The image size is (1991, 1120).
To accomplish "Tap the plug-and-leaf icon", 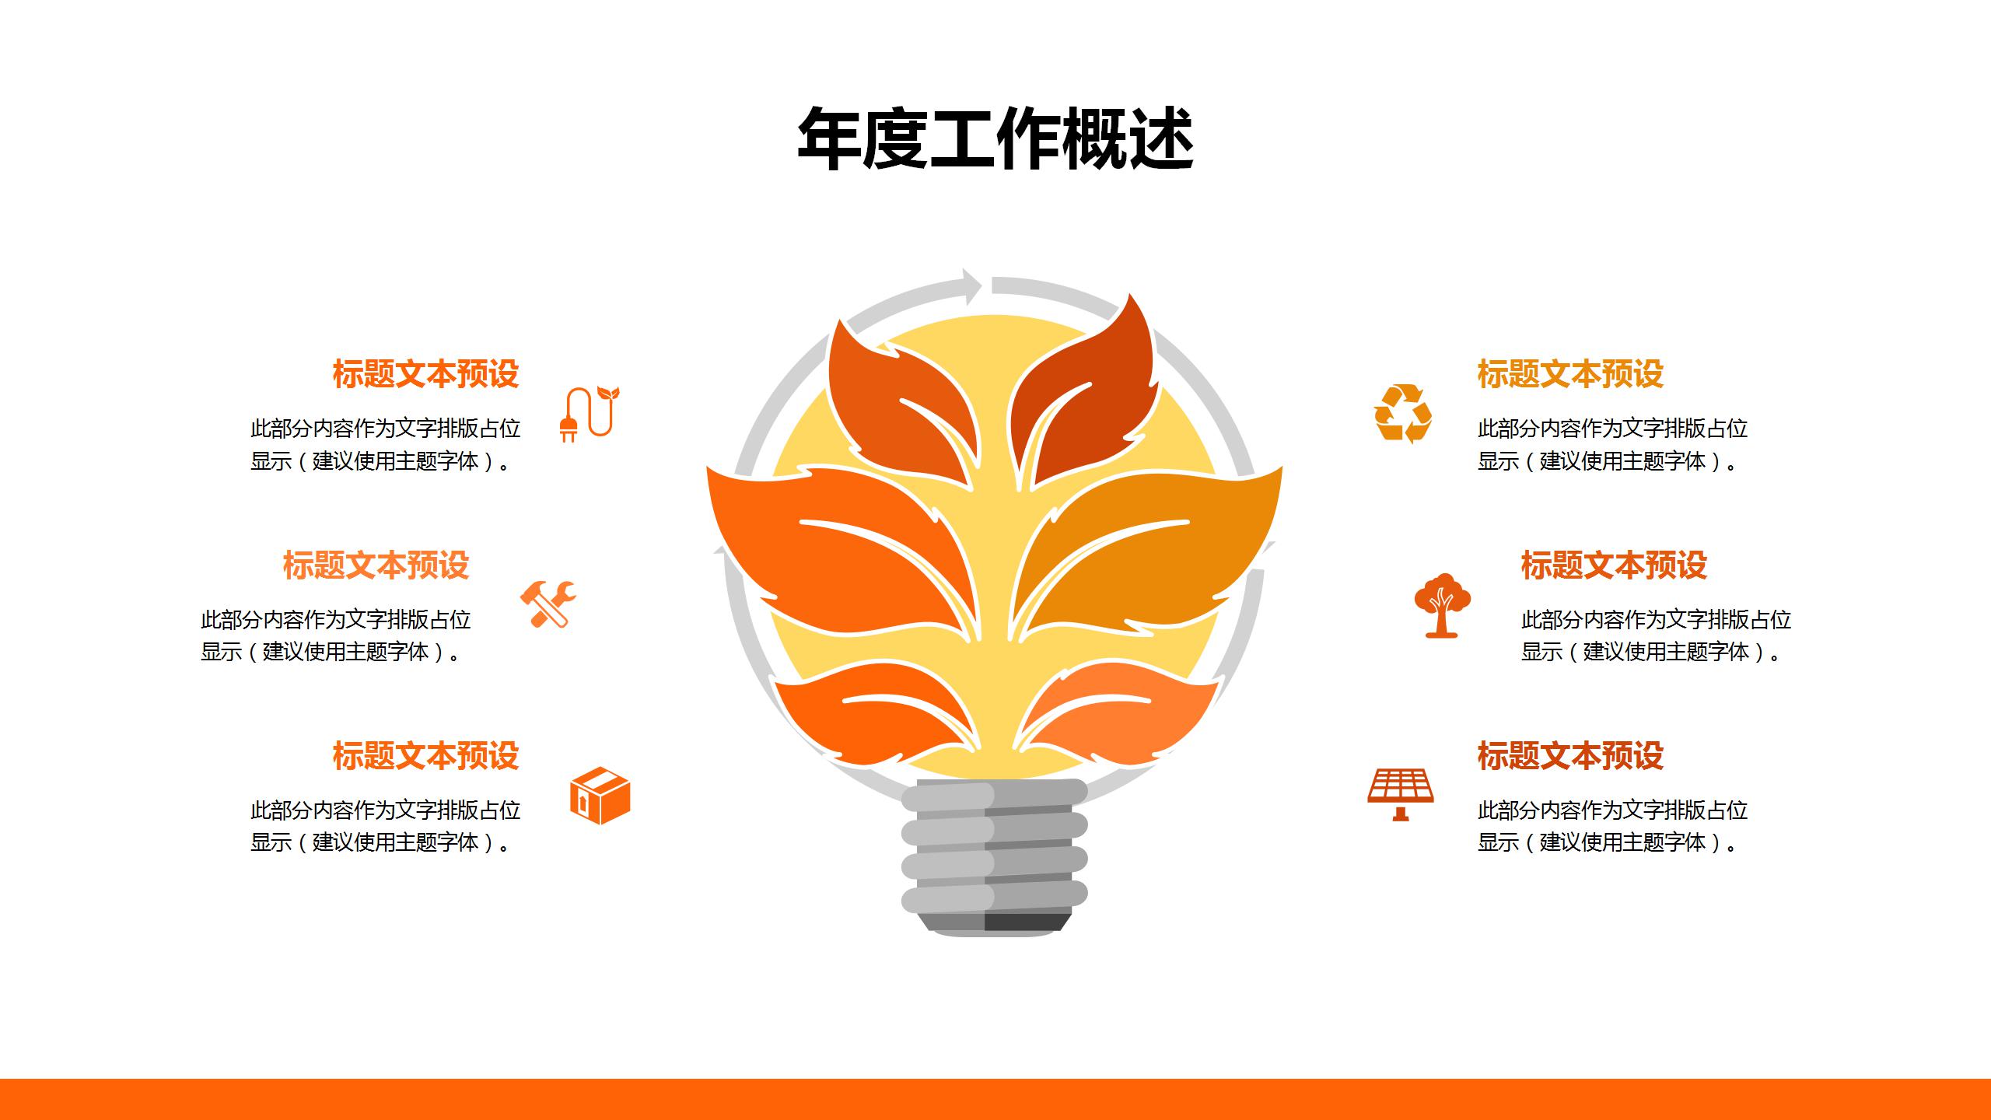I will pos(590,414).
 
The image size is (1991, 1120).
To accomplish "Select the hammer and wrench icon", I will pos(548,604).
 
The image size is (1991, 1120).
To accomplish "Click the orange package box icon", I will pos(600,796).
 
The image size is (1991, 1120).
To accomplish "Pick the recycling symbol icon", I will pos(1403,413).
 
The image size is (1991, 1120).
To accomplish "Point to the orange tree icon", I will pos(1442,605).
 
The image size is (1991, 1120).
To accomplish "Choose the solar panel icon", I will pos(1401,794).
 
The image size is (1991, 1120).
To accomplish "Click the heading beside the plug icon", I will pos(425,374).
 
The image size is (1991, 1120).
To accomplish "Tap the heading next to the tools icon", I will pos(376,565).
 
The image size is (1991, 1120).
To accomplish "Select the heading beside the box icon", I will pos(425,756).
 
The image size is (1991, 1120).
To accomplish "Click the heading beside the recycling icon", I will pos(1570,374).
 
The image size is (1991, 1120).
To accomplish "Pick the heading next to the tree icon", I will pos(1614,565).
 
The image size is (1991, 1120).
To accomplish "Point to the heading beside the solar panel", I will pos(1570,756).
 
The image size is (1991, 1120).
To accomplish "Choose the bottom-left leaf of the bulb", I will pos(863,716).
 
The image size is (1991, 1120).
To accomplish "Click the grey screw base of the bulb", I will pos(994,856).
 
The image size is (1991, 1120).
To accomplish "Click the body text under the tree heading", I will pos(1656,635).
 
